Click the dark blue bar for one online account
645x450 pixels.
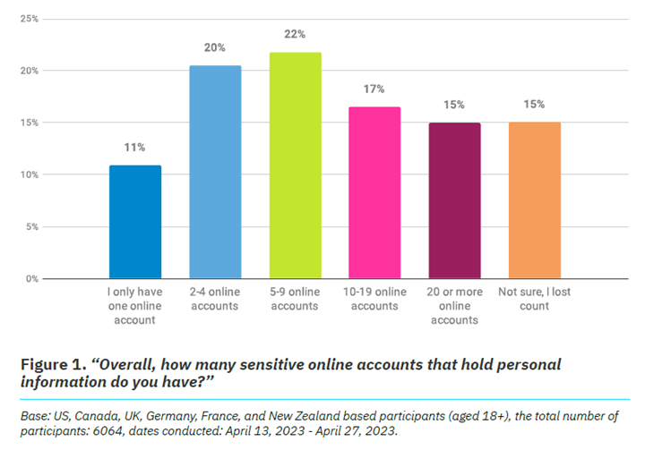pos(135,222)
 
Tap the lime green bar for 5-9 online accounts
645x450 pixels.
pos(295,166)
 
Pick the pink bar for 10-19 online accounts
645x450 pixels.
pos(374,192)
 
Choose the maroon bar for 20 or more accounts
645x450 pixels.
pos(454,200)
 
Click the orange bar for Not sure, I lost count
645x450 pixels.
pos(534,200)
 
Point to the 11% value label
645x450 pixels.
pos(135,148)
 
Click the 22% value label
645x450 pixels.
pos(295,34)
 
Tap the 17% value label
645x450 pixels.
pos(374,89)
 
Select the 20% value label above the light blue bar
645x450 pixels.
pos(215,47)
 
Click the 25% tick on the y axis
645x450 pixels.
pos(28,19)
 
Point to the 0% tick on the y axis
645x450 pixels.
pos(30,279)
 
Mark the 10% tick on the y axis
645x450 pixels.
pos(28,174)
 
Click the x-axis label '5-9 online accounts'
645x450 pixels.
pos(295,299)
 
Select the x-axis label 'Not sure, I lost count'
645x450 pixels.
pos(534,299)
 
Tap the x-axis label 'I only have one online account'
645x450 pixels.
pos(135,305)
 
